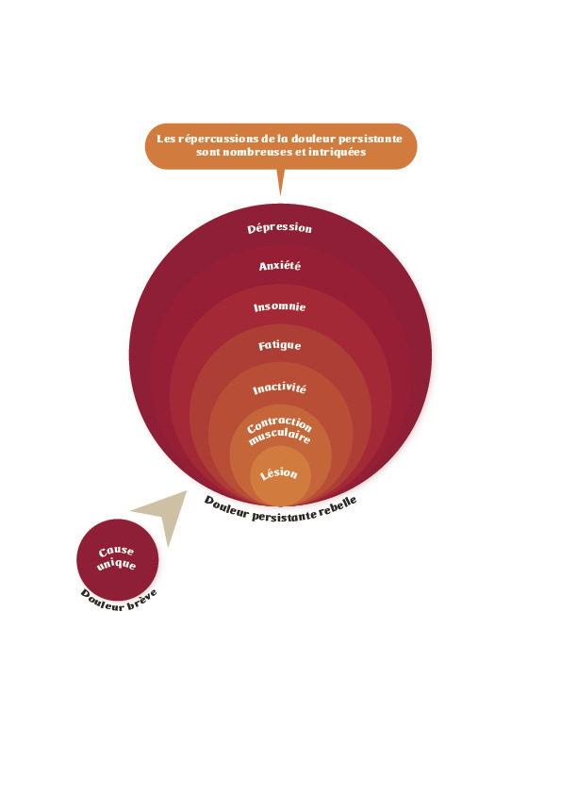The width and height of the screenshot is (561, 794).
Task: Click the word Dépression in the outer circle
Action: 279,228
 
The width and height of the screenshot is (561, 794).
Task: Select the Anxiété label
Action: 279,266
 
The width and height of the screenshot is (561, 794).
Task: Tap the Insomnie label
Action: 279,306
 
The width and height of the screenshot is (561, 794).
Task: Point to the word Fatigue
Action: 279,345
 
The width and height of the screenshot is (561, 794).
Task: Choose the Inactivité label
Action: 279,389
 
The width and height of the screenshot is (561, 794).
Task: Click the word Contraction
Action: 279,423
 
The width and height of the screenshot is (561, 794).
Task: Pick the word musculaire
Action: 279,436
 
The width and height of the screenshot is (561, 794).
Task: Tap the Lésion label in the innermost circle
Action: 278,473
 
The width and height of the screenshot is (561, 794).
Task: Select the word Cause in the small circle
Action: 117,551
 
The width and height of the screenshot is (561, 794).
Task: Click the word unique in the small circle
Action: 117,564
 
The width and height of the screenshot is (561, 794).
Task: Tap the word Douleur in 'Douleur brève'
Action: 103,601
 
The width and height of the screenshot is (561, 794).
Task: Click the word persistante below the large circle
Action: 284,516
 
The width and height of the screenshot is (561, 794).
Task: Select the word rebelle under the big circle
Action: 338,507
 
